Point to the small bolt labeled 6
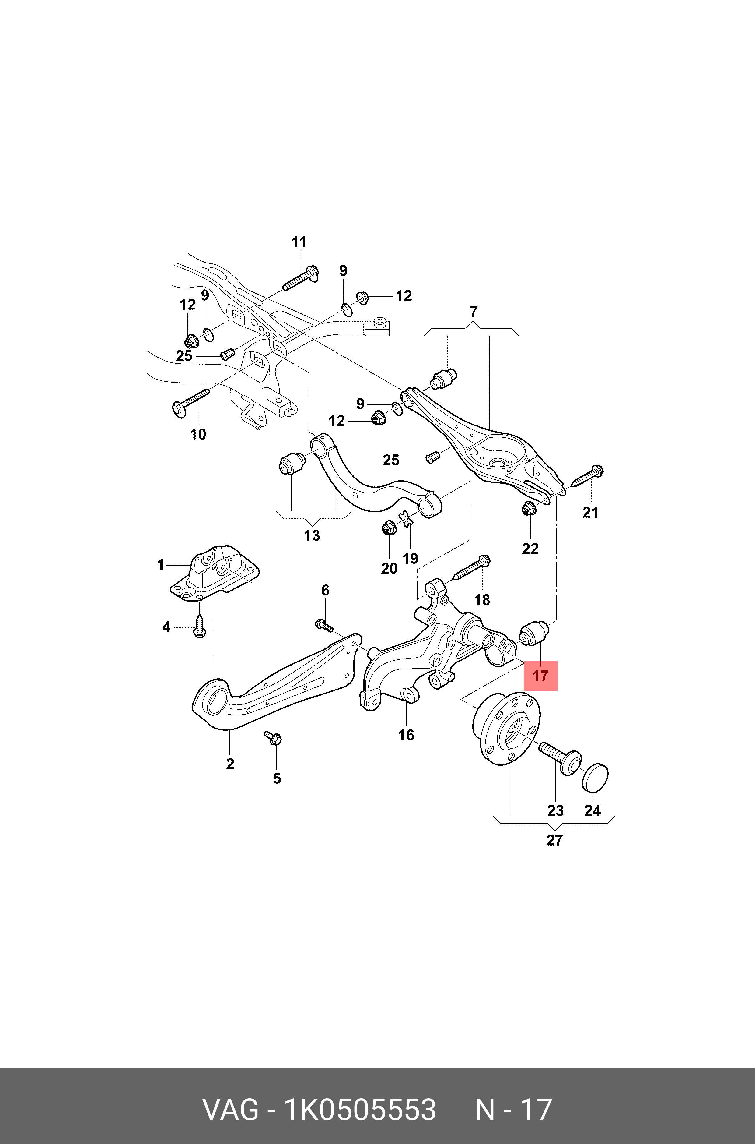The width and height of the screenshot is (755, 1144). (324, 626)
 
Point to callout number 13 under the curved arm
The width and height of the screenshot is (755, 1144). (312, 535)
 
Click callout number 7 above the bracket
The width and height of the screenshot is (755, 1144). (473, 312)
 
